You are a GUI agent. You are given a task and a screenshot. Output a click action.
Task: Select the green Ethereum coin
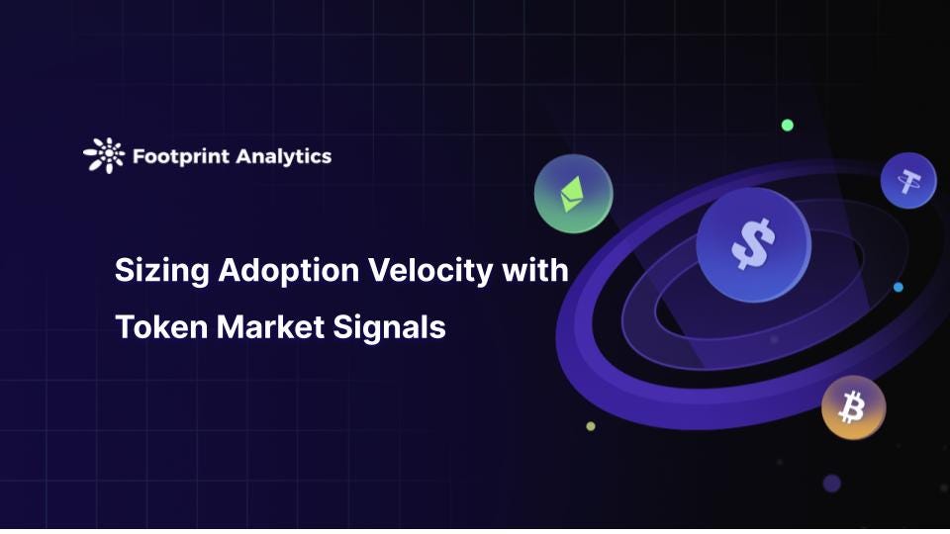(573, 193)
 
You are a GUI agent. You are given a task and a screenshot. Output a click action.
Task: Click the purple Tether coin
(907, 181)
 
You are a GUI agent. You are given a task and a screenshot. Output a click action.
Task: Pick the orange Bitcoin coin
(853, 407)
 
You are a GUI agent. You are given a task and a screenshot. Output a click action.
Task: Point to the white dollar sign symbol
(752, 244)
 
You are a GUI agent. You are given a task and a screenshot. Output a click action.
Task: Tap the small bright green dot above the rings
(788, 125)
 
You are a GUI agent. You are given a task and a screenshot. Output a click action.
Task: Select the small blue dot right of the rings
(898, 287)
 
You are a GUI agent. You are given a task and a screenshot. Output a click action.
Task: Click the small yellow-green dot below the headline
(591, 426)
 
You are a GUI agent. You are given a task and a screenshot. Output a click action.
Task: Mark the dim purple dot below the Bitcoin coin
(831, 483)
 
